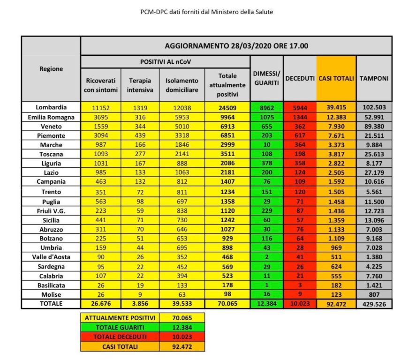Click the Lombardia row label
coord(51,107)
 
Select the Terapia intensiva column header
coord(140,84)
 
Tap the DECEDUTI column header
coord(300,78)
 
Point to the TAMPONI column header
coord(374,78)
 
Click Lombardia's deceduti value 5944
coord(300,107)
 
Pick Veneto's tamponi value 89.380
coord(374,127)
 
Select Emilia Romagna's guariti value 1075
coord(266,117)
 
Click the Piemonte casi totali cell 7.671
coord(336,136)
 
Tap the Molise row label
coord(51,294)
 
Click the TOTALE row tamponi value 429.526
coord(374,304)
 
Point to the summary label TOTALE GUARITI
coord(121,327)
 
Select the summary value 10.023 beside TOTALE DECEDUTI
coord(182,337)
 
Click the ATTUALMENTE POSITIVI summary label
coord(121,317)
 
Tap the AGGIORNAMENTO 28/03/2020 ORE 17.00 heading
coord(236,46)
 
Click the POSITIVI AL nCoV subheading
coord(165,61)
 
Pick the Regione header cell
coord(51,69)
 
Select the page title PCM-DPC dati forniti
coord(207,12)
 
